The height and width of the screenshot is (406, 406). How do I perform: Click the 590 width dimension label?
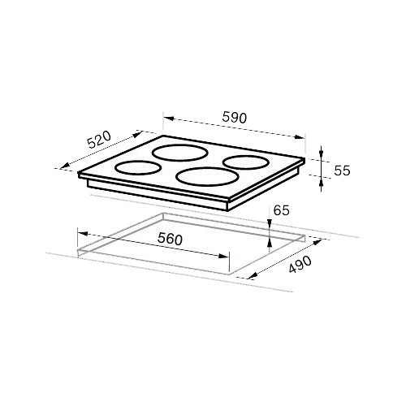(235, 118)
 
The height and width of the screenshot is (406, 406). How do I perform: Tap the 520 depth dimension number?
(99, 140)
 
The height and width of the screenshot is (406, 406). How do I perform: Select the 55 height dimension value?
(342, 171)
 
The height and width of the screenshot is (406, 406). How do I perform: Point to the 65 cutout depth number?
(282, 210)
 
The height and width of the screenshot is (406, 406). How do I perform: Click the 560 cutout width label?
(171, 239)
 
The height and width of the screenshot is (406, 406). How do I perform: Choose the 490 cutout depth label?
(300, 264)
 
